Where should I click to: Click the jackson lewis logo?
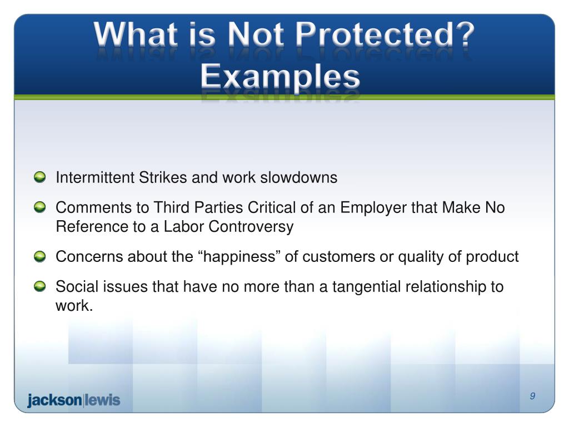(x=73, y=400)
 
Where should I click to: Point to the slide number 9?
(x=532, y=396)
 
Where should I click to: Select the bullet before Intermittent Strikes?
(x=40, y=178)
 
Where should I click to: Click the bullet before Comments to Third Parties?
(x=40, y=208)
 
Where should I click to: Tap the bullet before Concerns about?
(x=40, y=257)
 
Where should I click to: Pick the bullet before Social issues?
(x=40, y=287)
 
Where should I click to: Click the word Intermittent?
(x=95, y=178)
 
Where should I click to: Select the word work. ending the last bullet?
(x=73, y=306)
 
